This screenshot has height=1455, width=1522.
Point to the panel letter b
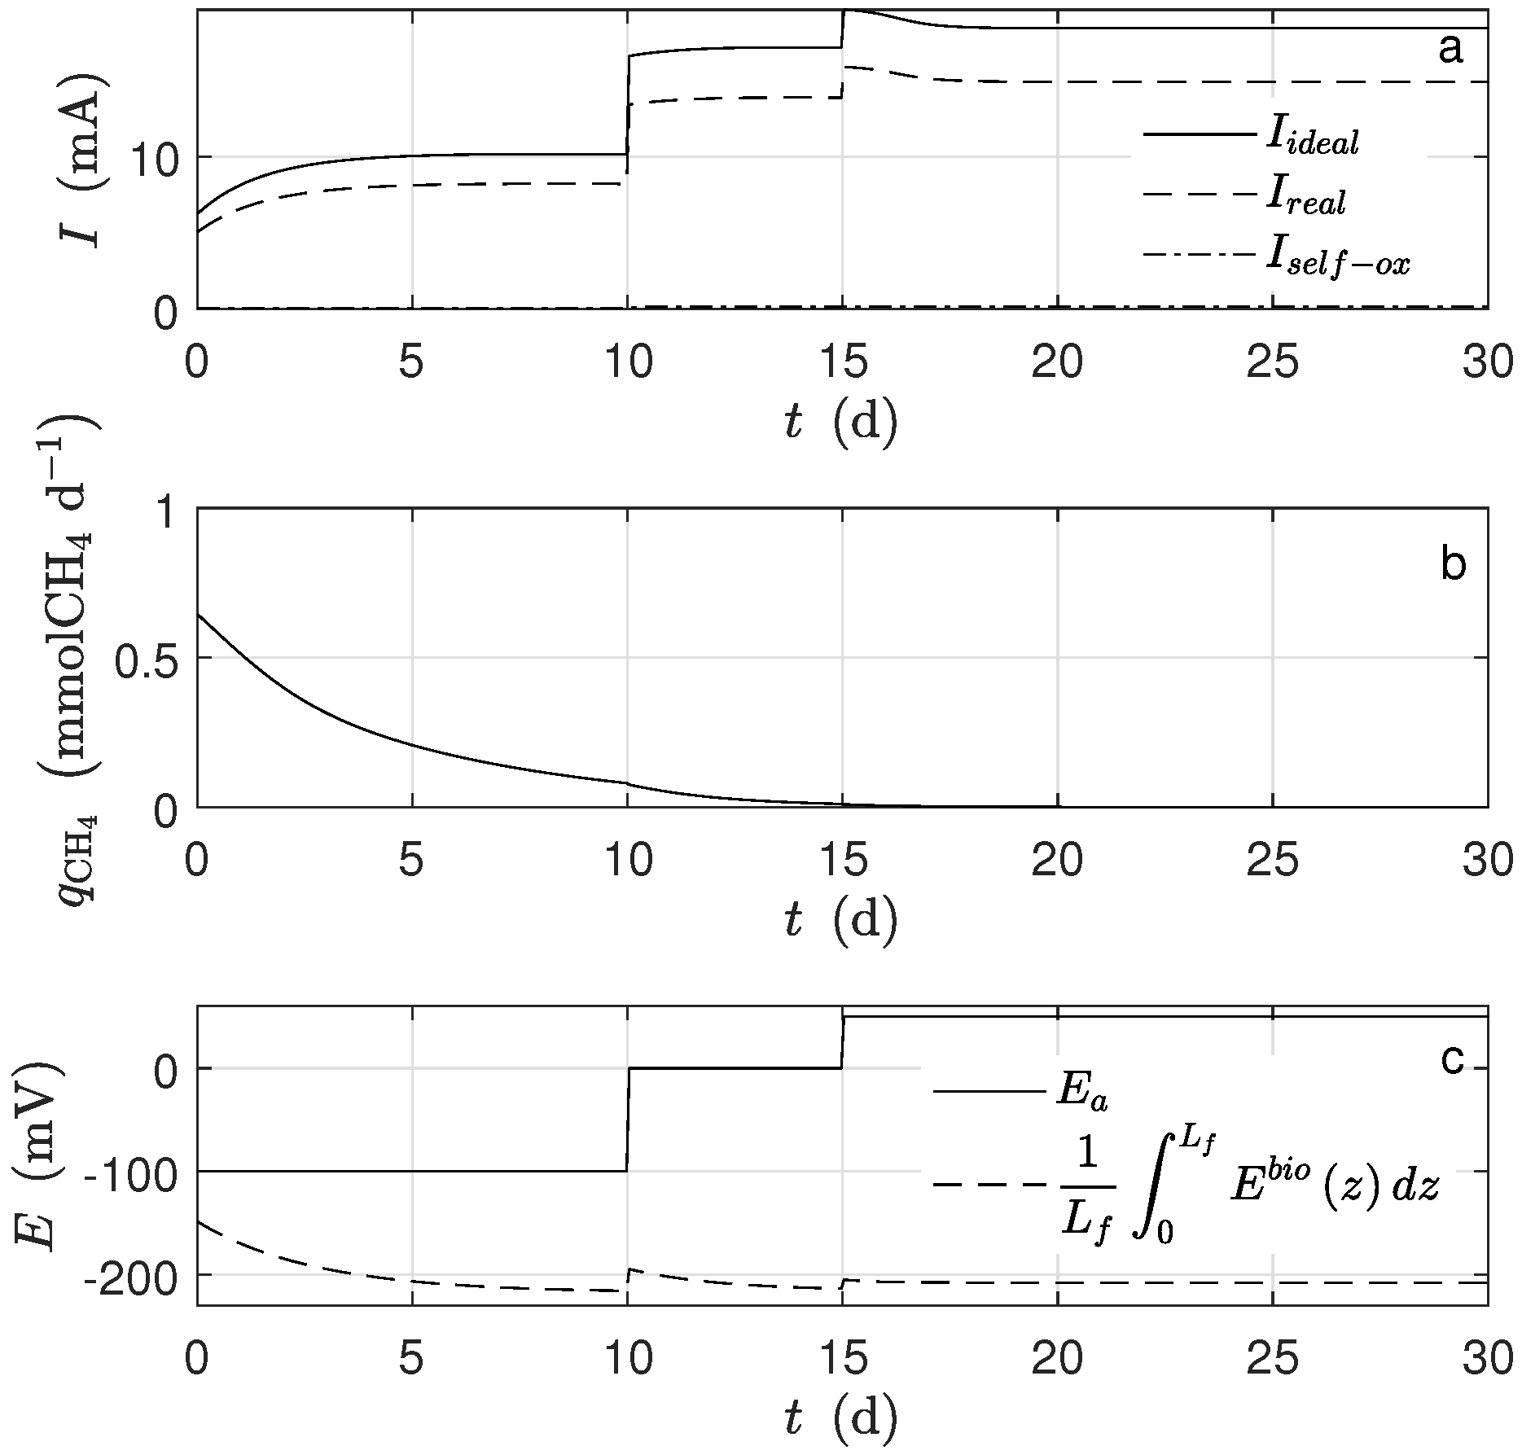pos(1453,564)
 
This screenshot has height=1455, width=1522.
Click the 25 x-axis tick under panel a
pos(1272,363)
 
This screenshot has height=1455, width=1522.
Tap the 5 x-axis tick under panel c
pos(412,1361)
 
